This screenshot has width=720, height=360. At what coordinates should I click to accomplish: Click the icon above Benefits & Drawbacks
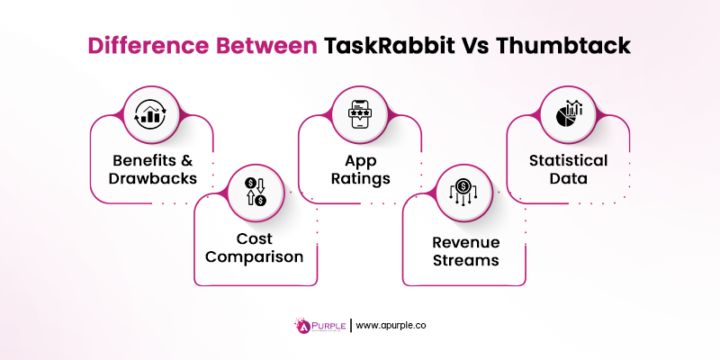click(x=151, y=114)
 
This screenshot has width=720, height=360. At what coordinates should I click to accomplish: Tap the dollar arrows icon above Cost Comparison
click(x=255, y=192)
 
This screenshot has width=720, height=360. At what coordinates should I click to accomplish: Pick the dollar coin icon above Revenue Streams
click(x=463, y=192)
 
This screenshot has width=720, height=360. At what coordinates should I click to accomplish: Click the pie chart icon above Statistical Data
click(x=568, y=114)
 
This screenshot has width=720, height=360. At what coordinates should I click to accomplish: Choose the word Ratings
click(x=359, y=178)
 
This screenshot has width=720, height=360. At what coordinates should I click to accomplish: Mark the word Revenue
click(x=463, y=241)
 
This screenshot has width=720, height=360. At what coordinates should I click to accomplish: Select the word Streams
click(x=463, y=260)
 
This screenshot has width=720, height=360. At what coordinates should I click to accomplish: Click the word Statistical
click(x=568, y=160)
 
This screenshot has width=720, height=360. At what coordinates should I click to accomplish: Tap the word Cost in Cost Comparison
click(x=255, y=238)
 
